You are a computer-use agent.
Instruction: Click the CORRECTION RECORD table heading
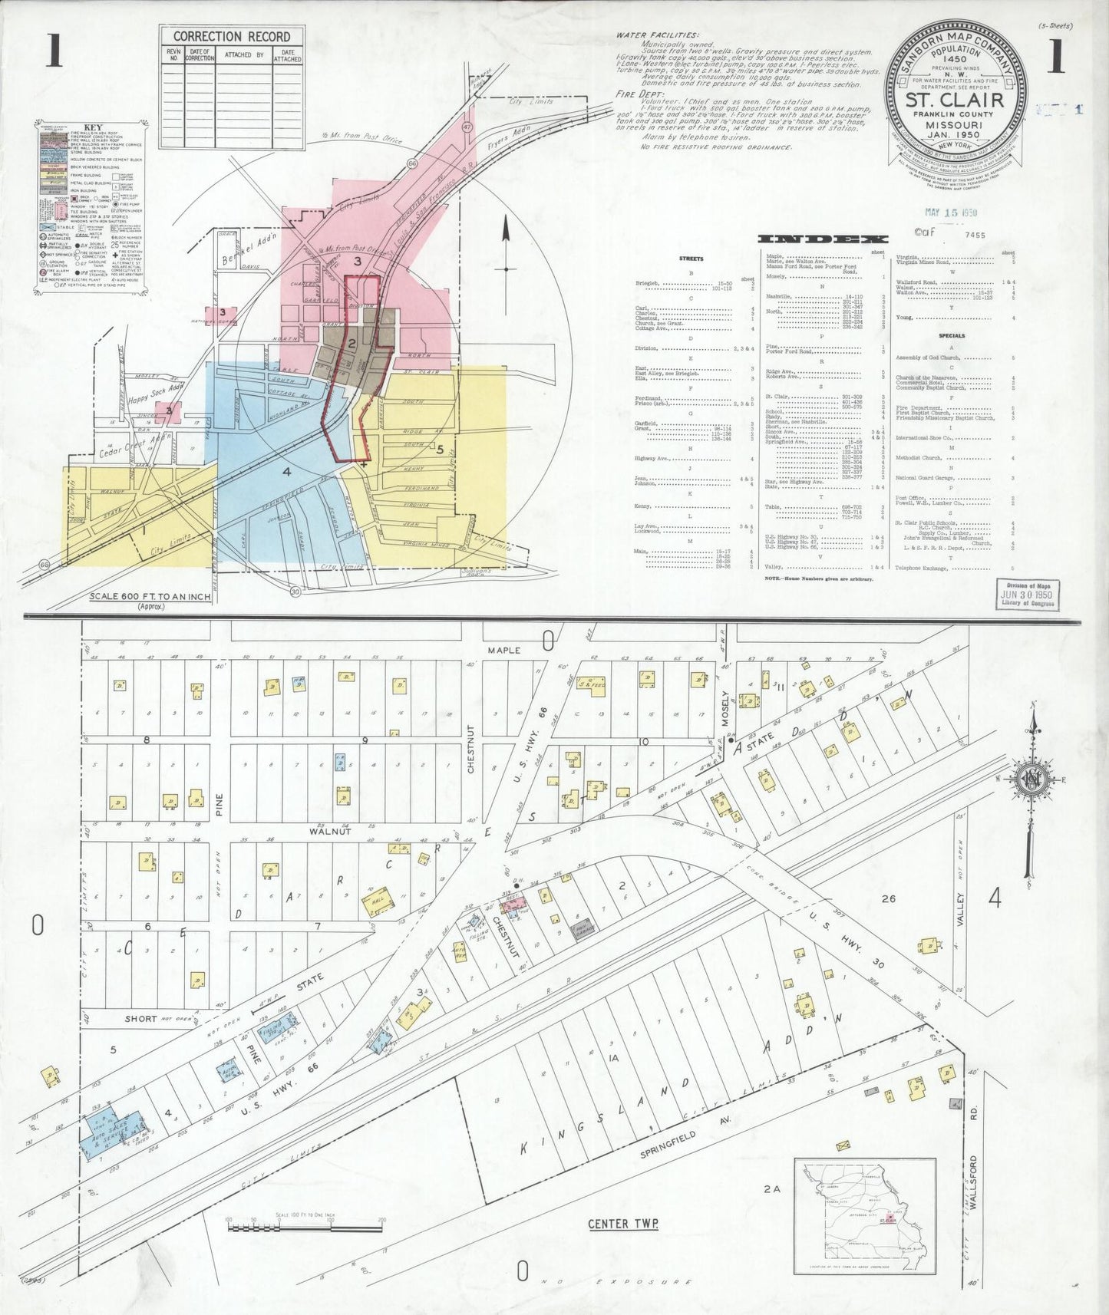point(231,36)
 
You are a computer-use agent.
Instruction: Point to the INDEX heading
point(823,239)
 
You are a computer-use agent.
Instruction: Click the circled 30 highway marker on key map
point(295,592)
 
